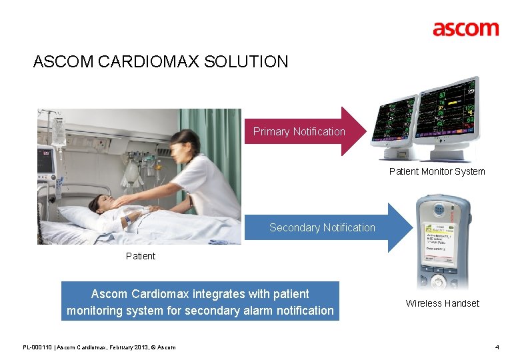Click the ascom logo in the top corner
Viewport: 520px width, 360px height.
pyautogui.click(x=465, y=29)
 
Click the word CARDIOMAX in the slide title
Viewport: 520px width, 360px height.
pyautogui.click(x=150, y=62)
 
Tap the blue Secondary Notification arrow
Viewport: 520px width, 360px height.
pyautogui.click(x=327, y=227)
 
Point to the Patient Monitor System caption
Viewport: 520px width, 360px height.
pyautogui.click(x=437, y=171)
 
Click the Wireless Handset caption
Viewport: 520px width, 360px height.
pyautogui.click(x=442, y=303)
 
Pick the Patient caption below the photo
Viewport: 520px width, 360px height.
pyautogui.click(x=140, y=256)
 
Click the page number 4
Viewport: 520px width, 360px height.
pyautogui.click(x=497, y=347)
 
